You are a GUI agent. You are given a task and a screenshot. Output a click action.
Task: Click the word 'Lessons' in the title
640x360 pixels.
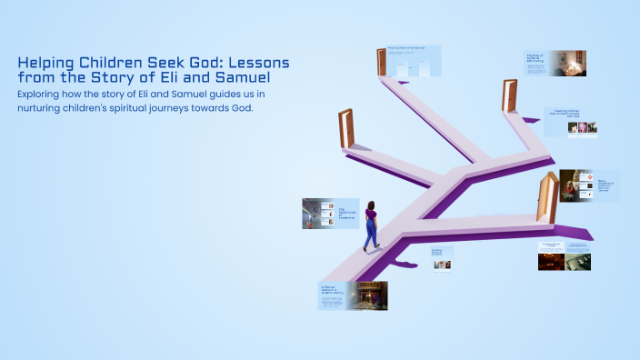[255, 64]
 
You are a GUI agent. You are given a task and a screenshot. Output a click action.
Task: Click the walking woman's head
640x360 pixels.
[371, 205]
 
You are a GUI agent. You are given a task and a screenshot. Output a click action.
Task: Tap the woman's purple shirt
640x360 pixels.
[371, 217]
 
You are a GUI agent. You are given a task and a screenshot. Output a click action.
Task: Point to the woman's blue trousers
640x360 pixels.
[371, 235]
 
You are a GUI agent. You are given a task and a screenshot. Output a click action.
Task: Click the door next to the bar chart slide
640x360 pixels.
[382, 62]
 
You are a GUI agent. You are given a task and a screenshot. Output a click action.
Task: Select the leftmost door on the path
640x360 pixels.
[345, 128]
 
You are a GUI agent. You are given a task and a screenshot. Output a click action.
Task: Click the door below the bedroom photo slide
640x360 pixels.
[509, 95]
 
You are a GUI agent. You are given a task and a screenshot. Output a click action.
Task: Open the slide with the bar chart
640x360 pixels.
[414, 61]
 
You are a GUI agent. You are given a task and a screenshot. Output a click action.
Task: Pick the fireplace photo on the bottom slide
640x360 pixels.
[370, 295]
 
